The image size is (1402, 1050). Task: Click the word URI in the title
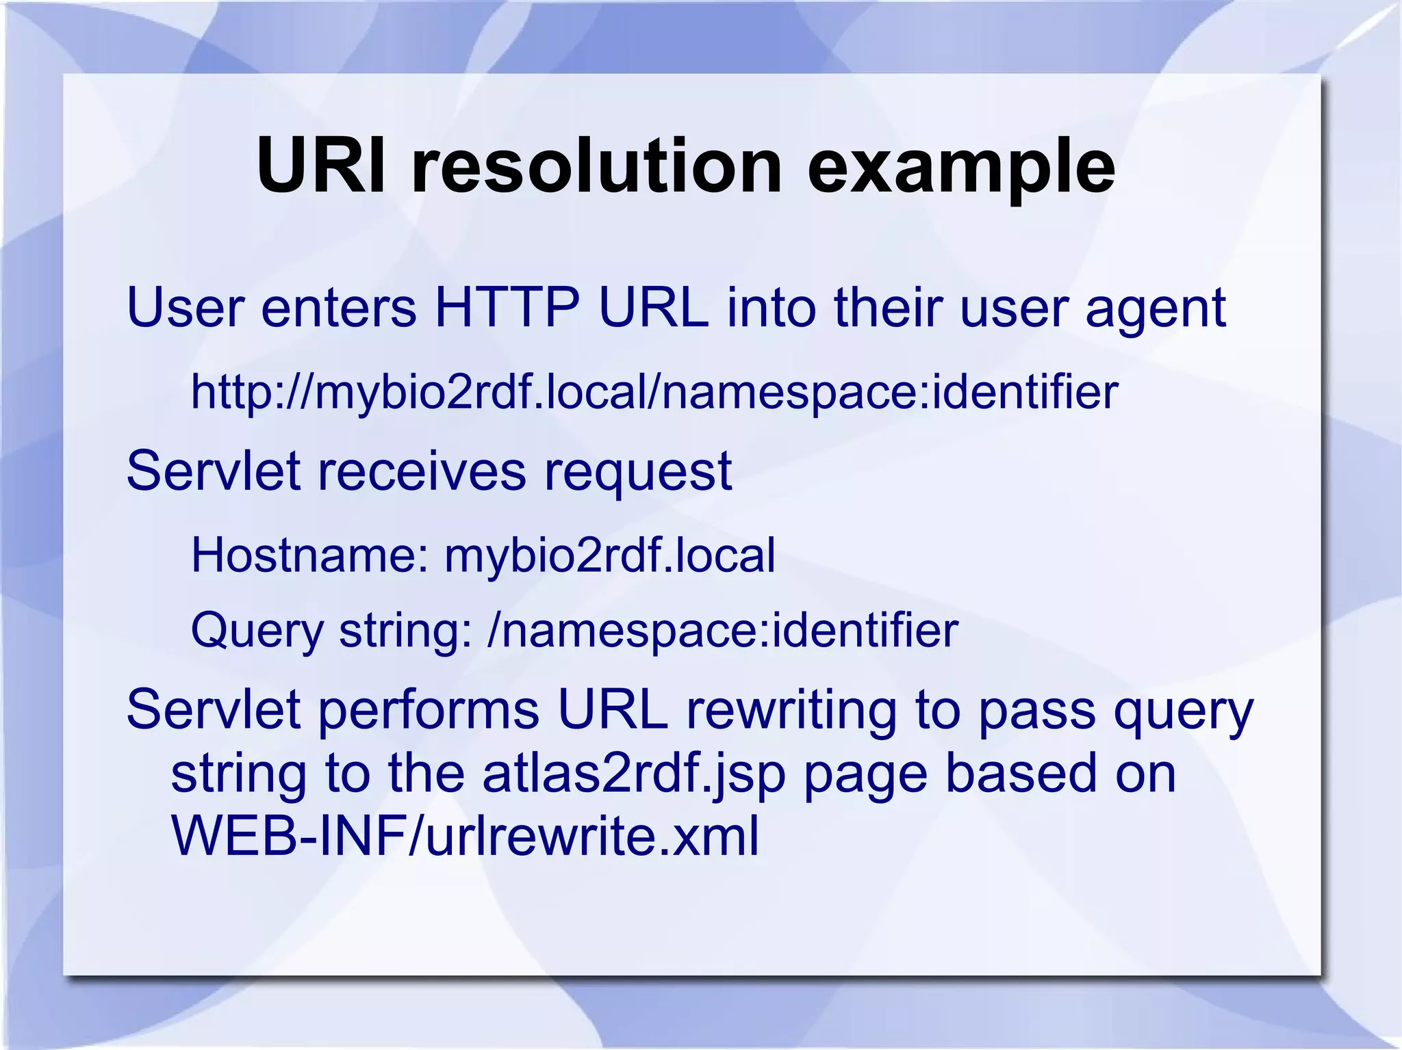click(x=321, y=166)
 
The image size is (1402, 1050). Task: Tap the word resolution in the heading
click(x=596, y=166)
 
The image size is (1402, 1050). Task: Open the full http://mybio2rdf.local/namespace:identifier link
click(x=654, y=393)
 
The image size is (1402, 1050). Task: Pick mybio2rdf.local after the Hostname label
click(x=610, y=556)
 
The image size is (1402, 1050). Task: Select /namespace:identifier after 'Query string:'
click(x=722, y=631)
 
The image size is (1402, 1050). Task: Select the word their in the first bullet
click(x=889, y=308)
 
